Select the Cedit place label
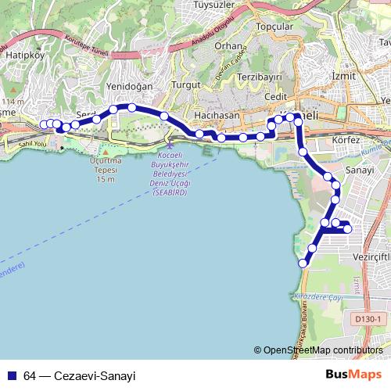point(276,96)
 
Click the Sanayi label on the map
point(360,170)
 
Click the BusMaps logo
point(354,375)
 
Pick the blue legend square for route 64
point(12,375)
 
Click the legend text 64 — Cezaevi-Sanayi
point(80,375)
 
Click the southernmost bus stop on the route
point(303,263)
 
